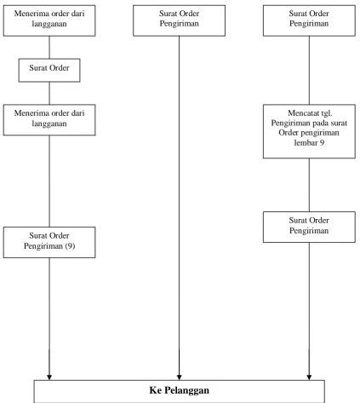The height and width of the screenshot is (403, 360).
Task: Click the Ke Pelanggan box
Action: (180, 391)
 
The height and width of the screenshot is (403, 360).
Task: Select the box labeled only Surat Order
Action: (49, 70)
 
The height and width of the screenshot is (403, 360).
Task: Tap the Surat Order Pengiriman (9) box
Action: (49, 242)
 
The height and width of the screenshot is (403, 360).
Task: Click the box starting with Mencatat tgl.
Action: (309, 131)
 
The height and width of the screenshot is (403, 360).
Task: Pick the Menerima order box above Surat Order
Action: (49, 20)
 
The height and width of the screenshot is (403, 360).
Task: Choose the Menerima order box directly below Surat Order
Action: (49, 119)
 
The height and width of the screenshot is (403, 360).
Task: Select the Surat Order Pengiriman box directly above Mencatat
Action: (309, 20)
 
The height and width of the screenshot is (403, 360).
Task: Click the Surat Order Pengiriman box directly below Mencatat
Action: (309, 227)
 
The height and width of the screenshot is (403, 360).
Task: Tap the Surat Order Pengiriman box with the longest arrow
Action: (180, 20)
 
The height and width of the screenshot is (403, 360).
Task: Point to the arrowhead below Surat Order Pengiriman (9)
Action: (49, 377)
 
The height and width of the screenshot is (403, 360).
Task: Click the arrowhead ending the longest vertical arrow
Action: (179, 377)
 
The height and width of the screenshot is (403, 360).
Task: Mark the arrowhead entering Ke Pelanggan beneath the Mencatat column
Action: (309, 377)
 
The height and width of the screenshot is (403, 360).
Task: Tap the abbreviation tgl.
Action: (327, 113)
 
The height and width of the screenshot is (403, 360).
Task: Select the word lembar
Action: (306, 142)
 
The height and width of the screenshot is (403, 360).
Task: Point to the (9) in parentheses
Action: (70, 245)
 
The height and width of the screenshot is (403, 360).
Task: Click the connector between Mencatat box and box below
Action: (309, 185)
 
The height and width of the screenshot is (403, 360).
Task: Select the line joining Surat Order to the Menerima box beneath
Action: (49, 93)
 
